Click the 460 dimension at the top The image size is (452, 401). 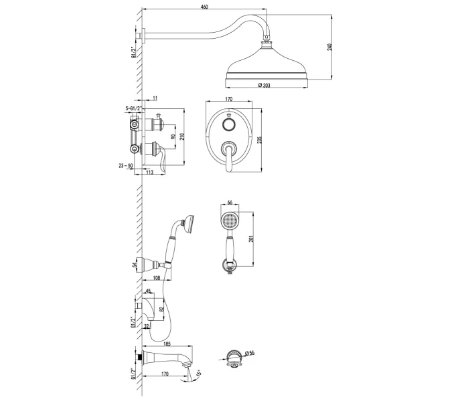click(204, 7)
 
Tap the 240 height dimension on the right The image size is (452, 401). click(330, 47)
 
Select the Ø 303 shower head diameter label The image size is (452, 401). click(264, 85)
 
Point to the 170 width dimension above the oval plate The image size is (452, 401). click(228, 99)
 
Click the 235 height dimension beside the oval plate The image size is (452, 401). click(259, 140)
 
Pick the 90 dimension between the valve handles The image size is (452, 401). click(173, 136)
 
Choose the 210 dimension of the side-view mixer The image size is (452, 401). click(181, 136)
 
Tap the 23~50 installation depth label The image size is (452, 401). click(126, 165)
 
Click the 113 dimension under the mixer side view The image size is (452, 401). click(149, 172)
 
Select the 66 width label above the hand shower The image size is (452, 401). click(230, 203)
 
